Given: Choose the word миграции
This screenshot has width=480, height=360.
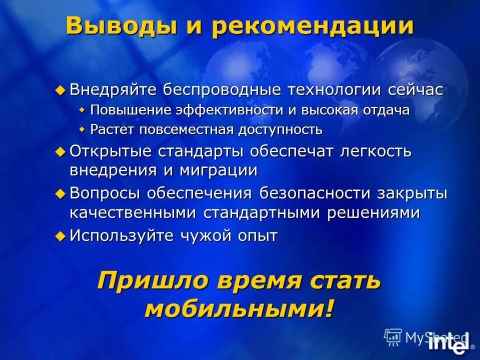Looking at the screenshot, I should [216, 170].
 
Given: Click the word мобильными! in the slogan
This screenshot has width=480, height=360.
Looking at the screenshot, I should [239, 309].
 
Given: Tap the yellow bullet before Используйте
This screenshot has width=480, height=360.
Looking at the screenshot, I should [60, 235].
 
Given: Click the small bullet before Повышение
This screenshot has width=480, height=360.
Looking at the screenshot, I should [82, 110].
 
